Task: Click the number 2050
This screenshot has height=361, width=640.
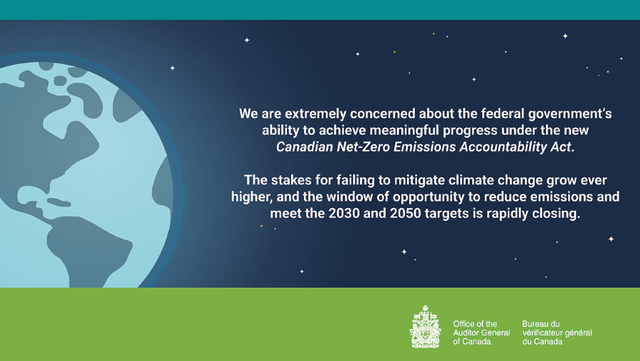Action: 406,214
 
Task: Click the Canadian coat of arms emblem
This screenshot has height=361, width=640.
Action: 425,326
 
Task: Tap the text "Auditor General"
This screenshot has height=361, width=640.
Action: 481,333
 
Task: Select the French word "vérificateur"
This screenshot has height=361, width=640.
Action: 543,333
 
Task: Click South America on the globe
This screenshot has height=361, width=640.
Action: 88,249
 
